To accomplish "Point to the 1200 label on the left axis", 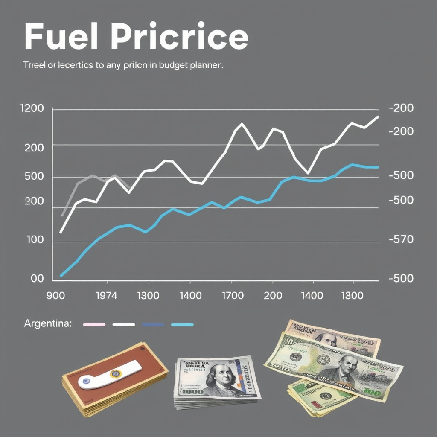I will click(32, 108).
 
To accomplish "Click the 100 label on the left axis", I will click(35, 240).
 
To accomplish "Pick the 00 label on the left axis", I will click(37, 279).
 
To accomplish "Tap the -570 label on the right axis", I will click(401, 240).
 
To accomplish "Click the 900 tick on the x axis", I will click(55, 295).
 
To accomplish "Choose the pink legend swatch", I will click(94, 325).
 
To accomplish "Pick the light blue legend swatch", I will click(182, 325).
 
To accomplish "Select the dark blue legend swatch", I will click(153, 325).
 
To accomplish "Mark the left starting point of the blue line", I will click(61, 276).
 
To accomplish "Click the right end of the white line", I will click(377, 117).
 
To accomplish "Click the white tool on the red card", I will click(109, 374).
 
